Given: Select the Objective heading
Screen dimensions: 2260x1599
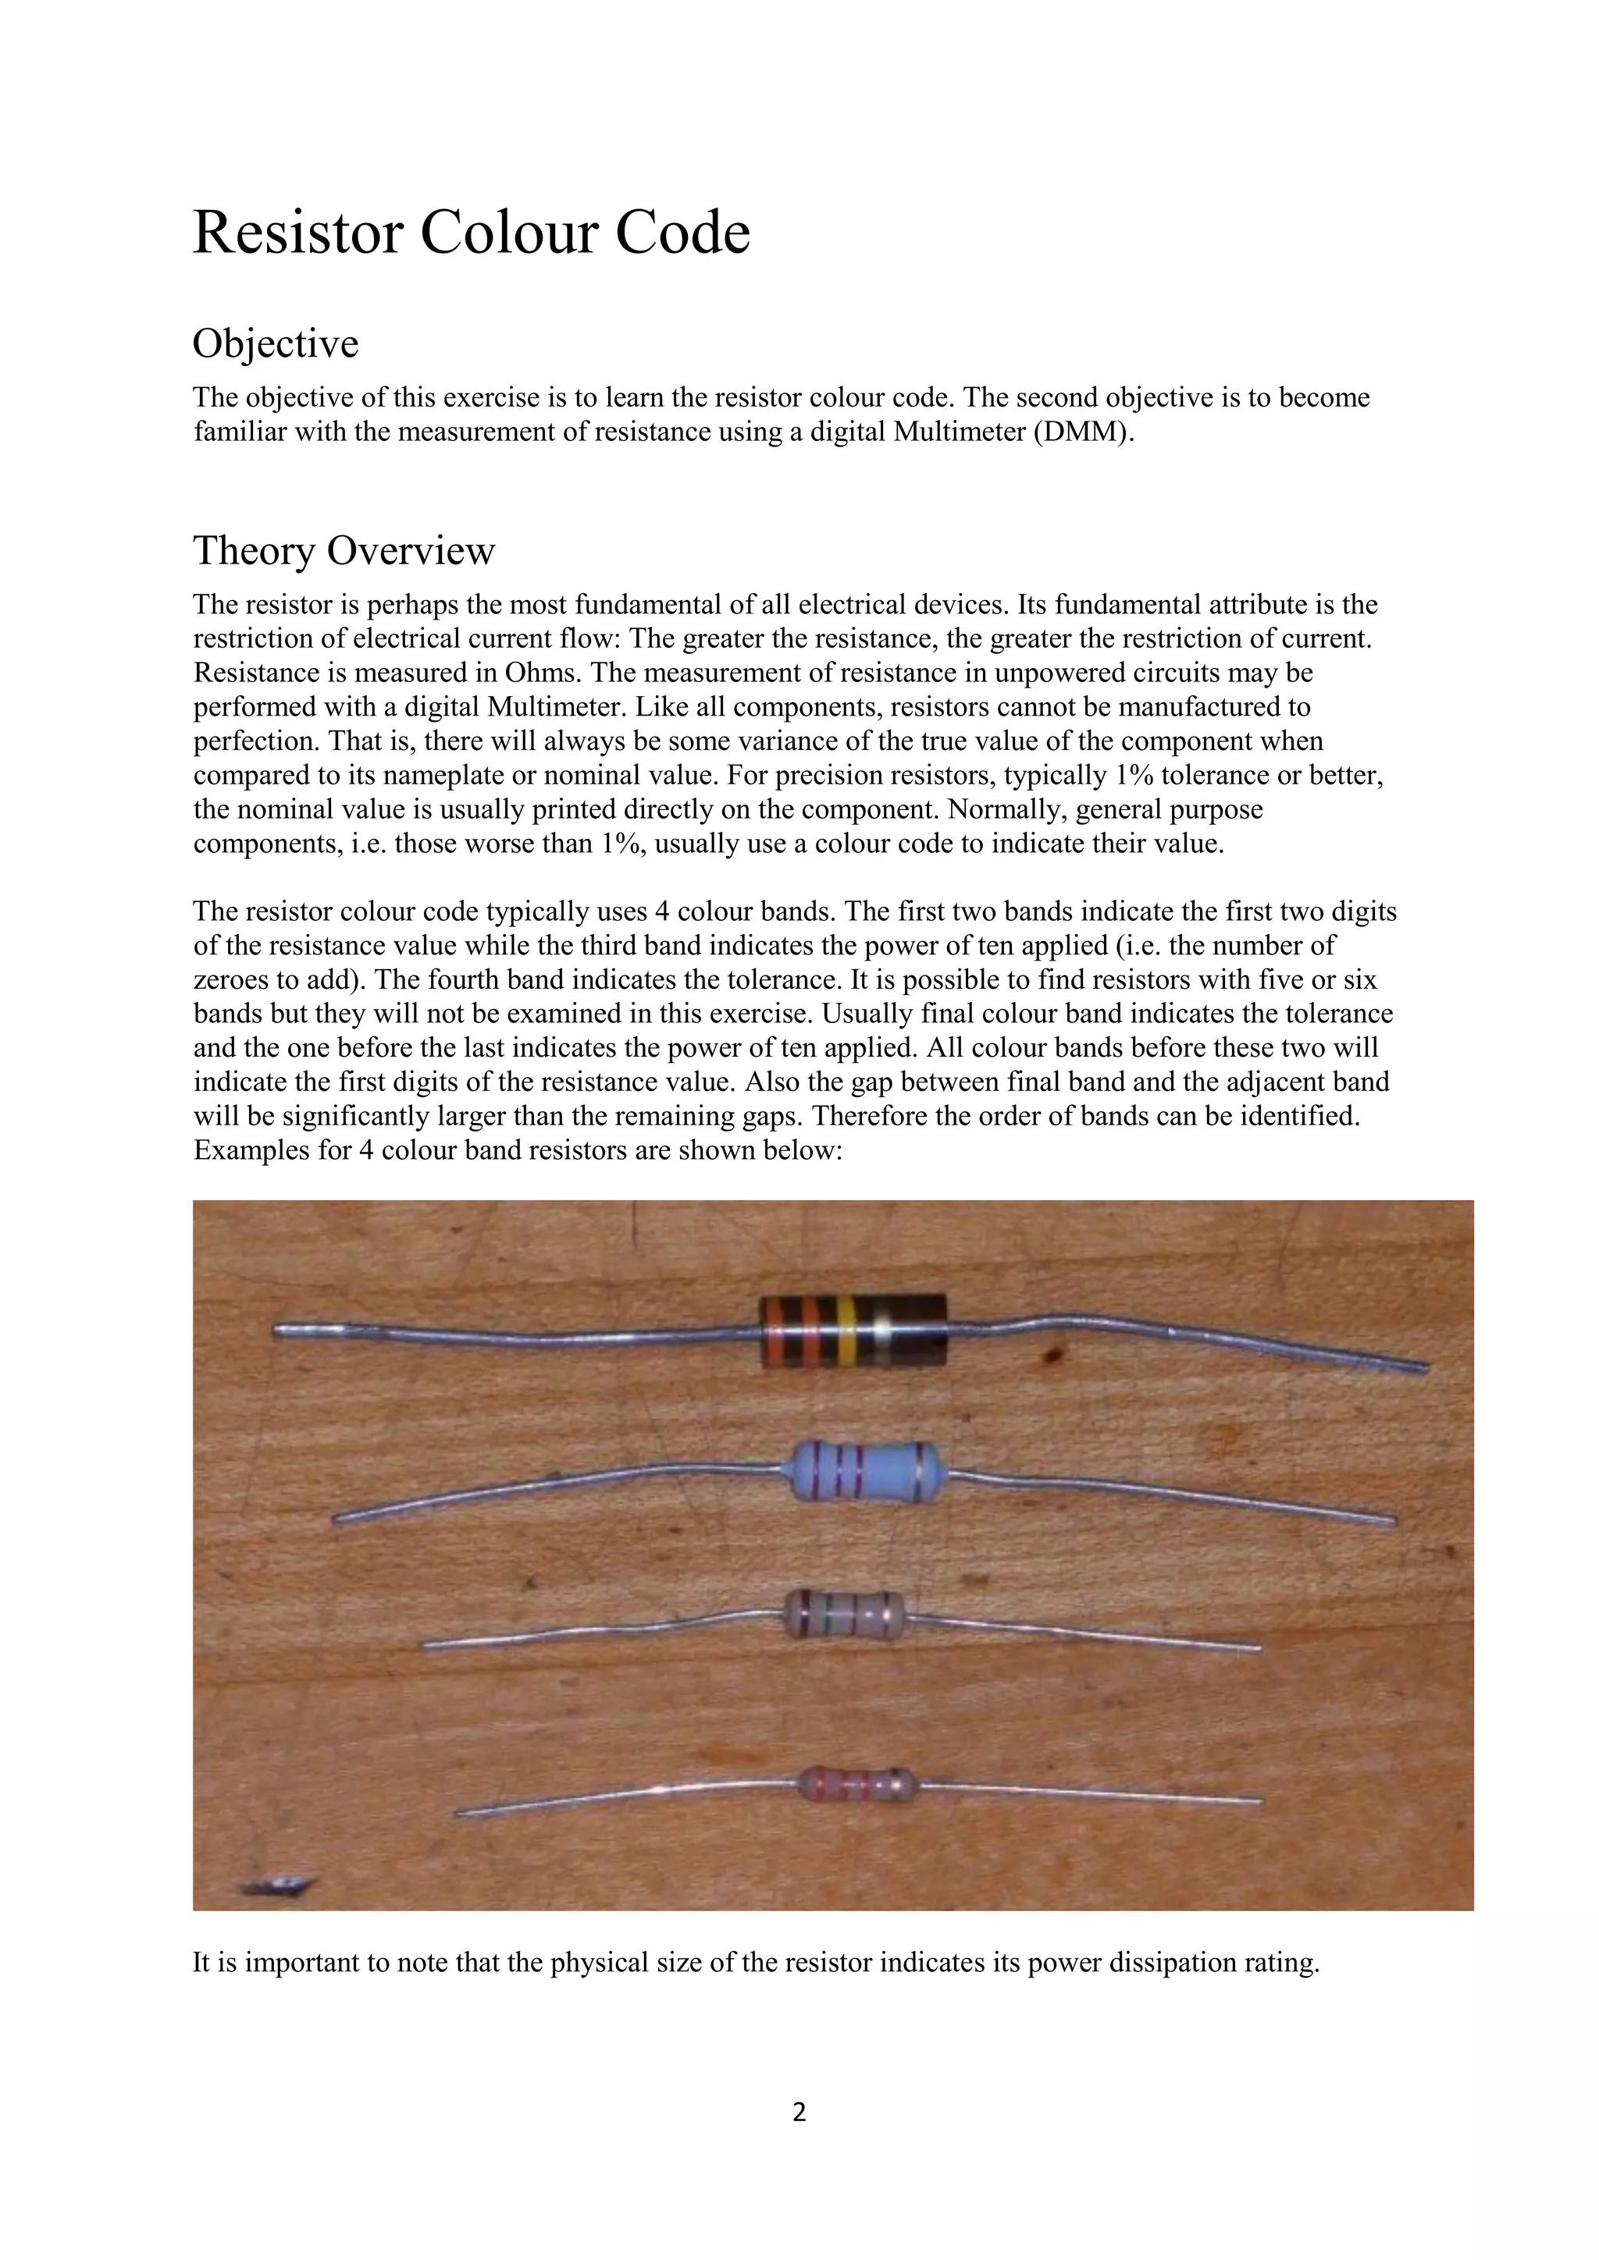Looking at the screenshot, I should coord(276,343).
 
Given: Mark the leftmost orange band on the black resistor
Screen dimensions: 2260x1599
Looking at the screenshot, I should coord(774,1331).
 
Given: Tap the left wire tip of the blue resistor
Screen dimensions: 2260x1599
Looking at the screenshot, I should coord(337,1521).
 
